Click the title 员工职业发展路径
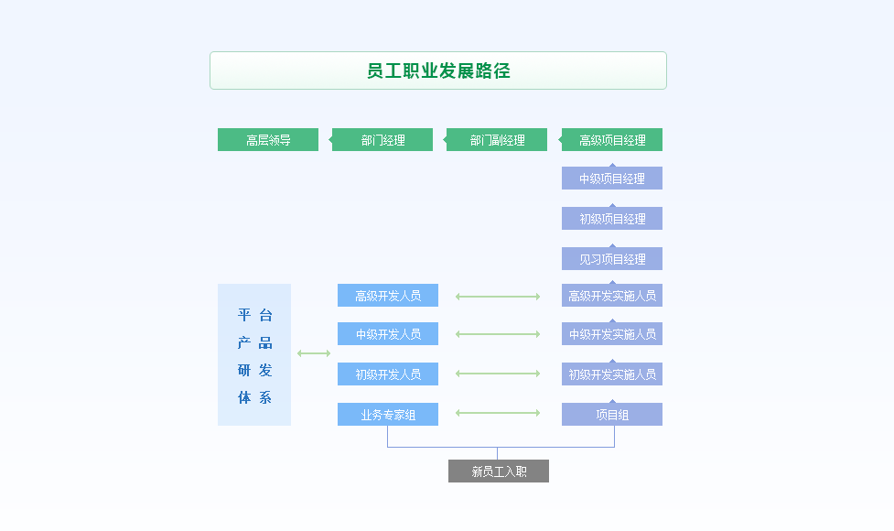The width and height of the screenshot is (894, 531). point(437,70)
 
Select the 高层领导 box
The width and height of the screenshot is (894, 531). point(268,140)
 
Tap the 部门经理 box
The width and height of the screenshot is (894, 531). point(382,140)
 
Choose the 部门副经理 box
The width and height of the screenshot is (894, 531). point(497,140)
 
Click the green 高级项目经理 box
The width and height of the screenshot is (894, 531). point(612,140)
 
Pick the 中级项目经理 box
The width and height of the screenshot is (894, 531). point(612,179)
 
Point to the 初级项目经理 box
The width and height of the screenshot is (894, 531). point(612,219)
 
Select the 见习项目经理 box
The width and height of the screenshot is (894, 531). point(612,259)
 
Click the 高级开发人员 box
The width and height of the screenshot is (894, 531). point(388,296)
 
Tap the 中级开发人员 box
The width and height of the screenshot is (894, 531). point(388,334)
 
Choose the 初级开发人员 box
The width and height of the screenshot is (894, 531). point(388,374)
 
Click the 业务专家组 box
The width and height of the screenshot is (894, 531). point(388,415)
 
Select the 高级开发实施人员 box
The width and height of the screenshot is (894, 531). point(612,296)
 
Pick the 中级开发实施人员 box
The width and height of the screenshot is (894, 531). point(612,334)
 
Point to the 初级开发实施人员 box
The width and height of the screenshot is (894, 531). point(612,374)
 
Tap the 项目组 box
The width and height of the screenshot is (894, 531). point(612,415)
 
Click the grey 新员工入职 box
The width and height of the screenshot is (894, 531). point(499,471)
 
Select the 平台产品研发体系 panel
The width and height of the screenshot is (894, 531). point(254,355)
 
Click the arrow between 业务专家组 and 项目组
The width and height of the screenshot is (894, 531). point(498,413)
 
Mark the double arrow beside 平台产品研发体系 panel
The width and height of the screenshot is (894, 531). point(314,353)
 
